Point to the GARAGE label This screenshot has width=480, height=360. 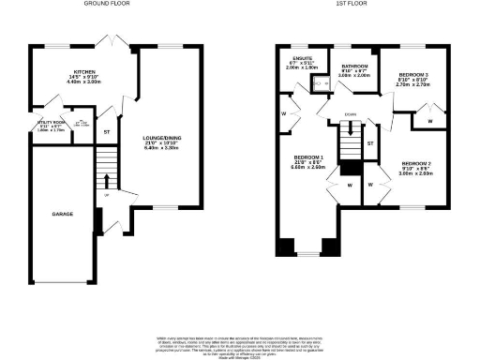point(63,214)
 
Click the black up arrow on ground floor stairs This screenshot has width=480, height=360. point(106,180)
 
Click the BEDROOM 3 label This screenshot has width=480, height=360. point(413,74)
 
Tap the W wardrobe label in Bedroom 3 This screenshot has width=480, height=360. point(429,118)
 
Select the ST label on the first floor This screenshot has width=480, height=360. point(370,142)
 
